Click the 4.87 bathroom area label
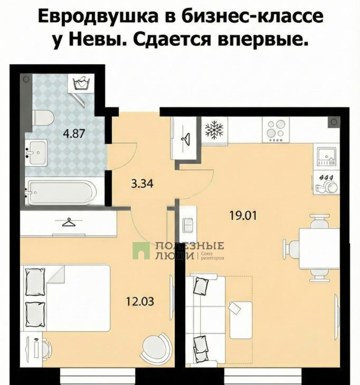coord(74,134)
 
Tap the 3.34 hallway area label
coord(142,184)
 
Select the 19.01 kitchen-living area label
coord(243,216)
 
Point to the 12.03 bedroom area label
coord(140,301)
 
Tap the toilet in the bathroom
coord(43,118)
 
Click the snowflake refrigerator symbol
coord(214,129)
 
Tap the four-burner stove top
coord(276,130)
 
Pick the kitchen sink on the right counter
coord(326,157)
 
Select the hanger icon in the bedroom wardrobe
coord(69,222)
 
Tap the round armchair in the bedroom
coord(156,344)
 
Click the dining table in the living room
coord(319,248)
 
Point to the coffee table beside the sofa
coord(241,320)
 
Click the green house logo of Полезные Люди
coord(141,251)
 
